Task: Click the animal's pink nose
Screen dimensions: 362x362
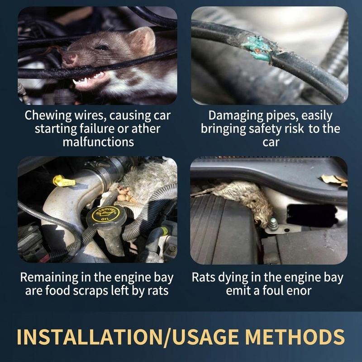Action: (x=70, y=58)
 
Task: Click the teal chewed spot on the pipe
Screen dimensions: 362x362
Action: (x=256, y=49)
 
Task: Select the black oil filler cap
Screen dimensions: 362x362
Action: (x=106, y=216)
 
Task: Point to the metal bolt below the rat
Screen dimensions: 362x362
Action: (x=272, y=224)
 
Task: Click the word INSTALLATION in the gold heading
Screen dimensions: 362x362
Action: (x=90, y=337)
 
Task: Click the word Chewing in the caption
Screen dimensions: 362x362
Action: (x=48, y=115)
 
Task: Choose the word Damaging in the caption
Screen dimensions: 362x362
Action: (x=235, y=115)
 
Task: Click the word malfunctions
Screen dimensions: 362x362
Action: (x=98, y=142)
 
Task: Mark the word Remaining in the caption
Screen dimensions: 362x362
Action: (x=49, y=277)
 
